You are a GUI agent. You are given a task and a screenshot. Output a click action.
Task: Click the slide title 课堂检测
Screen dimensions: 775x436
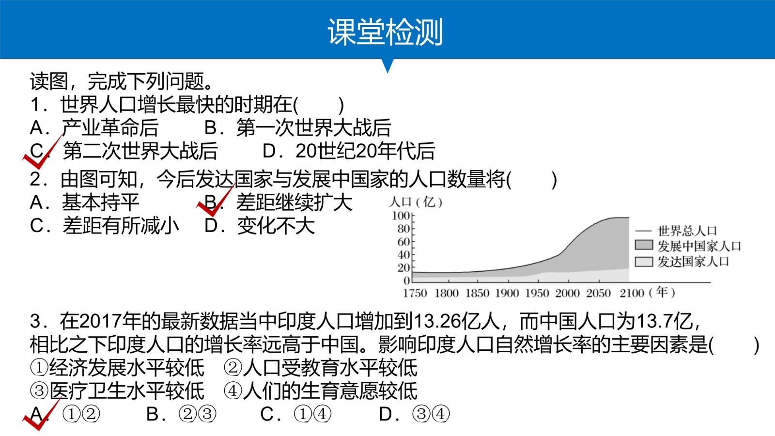click(x=385, y=32)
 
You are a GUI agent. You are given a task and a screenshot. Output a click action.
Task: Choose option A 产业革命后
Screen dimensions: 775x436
click(x=94, y=127)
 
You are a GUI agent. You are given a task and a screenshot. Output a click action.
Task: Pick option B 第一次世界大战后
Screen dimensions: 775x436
click(x=297, y=127)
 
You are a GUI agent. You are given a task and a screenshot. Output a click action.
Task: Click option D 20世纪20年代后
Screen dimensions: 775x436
click(x=349, y=151)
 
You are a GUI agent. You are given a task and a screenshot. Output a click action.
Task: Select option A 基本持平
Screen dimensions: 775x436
click(x=84, y=202)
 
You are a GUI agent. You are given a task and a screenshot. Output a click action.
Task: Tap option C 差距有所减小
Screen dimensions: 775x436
click(x=105, y=226)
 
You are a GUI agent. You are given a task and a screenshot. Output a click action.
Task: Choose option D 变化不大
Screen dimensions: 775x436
click(x=260, y=226)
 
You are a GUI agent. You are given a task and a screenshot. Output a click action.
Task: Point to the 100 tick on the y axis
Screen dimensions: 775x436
click(x=401, y=216)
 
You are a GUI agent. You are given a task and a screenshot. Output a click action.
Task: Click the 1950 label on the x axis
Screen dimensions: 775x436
click(x=537, y=293)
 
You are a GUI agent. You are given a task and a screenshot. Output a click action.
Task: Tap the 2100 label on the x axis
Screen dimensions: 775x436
click(x=632, y=293)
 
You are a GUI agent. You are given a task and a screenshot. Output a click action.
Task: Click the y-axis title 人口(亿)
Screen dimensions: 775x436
click(x=416, y=202)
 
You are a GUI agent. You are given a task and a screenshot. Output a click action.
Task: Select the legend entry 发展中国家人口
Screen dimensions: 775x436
click(x=688, y=246)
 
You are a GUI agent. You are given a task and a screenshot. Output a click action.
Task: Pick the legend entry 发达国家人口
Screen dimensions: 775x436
click(x=682, y=262)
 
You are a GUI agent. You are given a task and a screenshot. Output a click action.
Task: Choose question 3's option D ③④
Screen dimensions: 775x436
click(x=415, y=414)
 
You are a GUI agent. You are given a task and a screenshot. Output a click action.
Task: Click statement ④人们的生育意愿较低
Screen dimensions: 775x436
click(x=320, y=391)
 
